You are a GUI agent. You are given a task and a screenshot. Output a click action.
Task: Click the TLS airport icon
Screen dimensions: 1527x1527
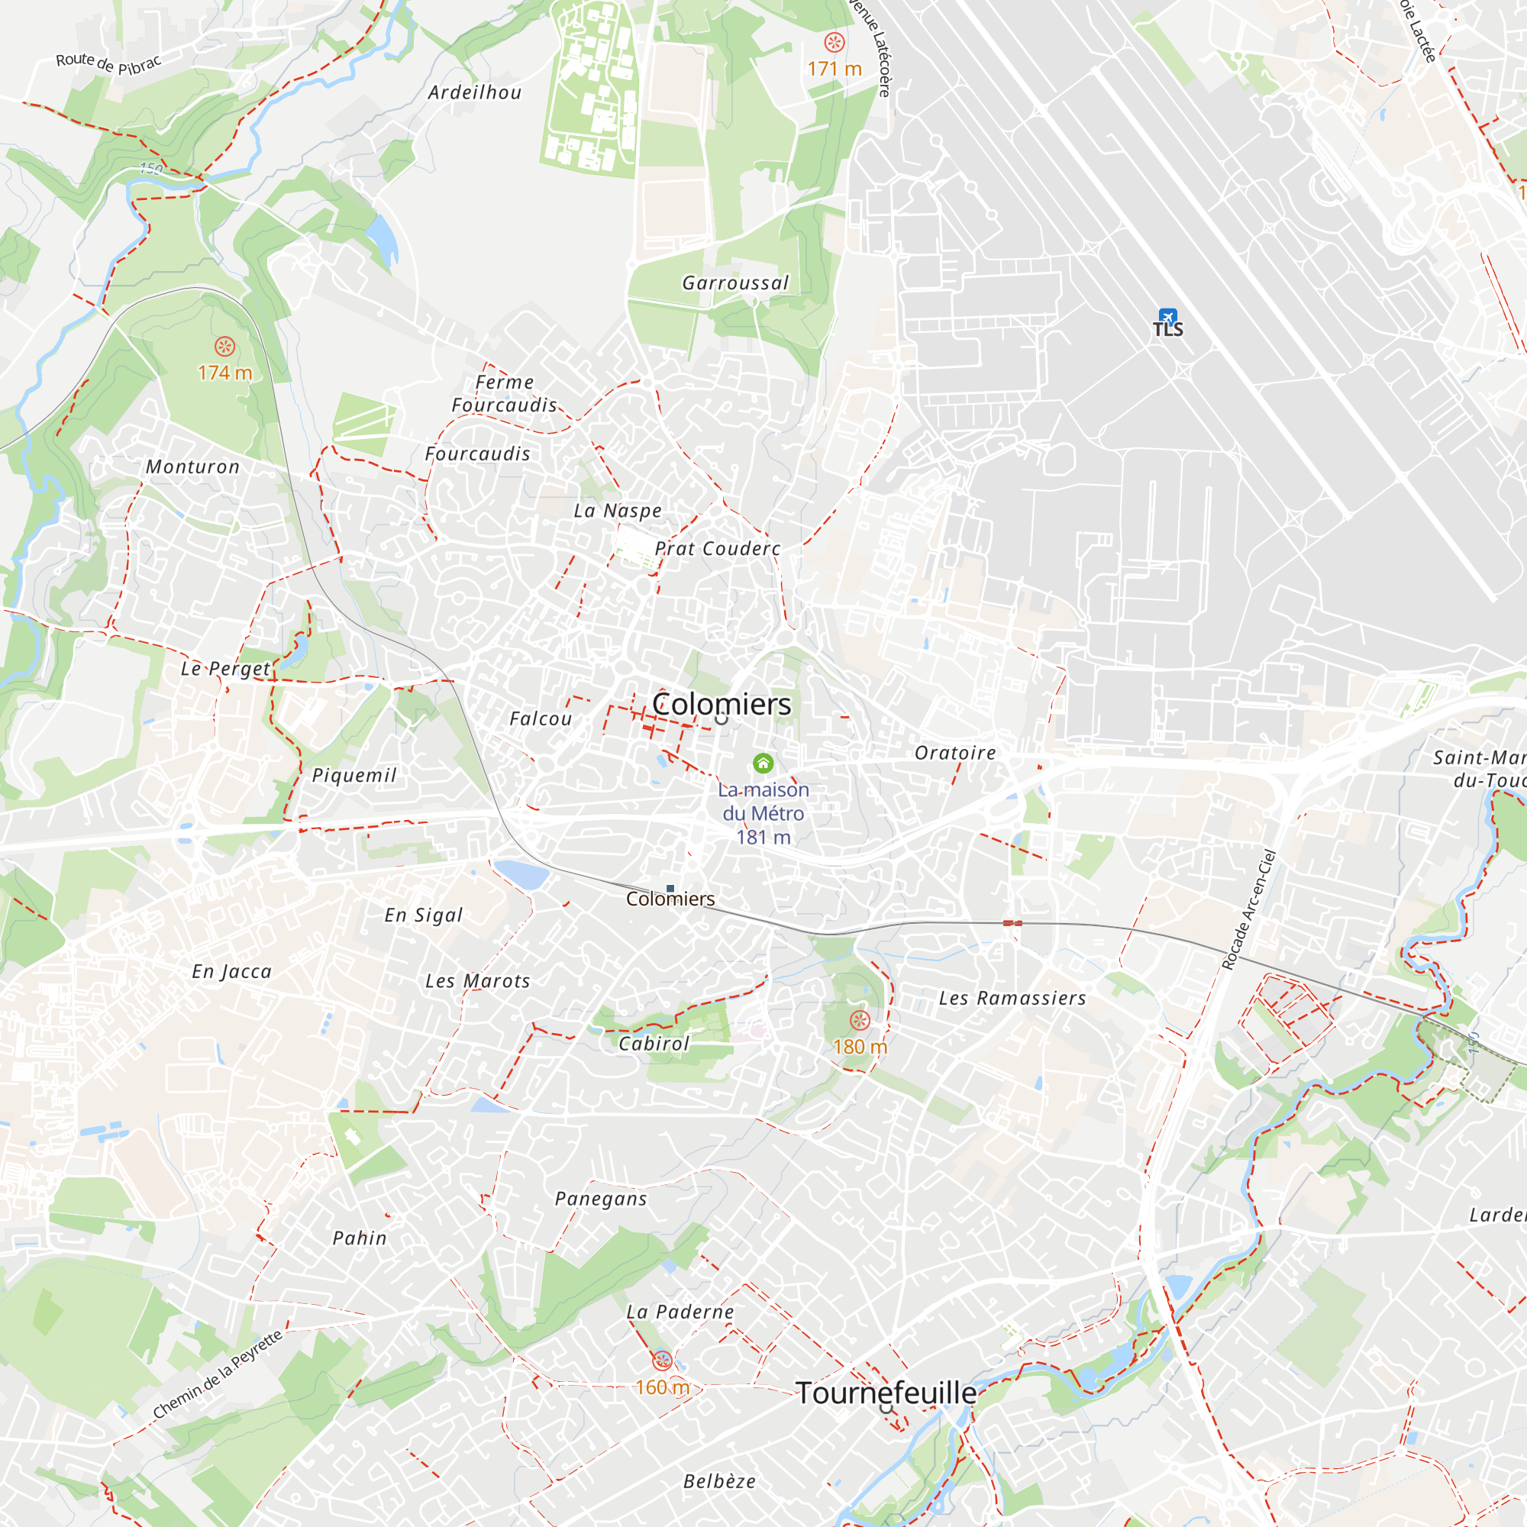pos(1167,317)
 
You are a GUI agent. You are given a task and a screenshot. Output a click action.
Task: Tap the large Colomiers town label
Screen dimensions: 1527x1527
pos(721,704)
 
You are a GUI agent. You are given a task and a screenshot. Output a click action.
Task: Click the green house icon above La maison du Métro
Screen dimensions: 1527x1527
pos(763,763)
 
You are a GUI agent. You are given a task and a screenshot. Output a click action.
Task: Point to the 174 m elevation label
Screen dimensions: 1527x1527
pos(224,373)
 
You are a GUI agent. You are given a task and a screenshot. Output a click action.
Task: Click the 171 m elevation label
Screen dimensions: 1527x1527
pos(834,69)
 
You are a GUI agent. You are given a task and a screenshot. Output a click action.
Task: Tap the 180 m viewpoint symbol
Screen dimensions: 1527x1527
pos(860,1020)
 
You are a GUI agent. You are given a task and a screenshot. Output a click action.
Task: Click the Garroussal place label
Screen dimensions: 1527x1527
pos(735,283)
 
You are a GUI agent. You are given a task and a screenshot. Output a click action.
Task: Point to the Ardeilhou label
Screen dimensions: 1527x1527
pos(475,92)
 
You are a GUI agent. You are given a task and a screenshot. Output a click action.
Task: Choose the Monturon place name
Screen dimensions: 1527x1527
pos(192,467)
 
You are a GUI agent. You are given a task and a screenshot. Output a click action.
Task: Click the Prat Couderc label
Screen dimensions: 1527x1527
pos(718,548)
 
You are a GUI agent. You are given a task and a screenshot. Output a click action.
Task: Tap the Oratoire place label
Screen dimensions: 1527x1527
pos(955,754)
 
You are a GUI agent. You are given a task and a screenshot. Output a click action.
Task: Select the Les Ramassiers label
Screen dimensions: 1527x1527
pos(1012,998)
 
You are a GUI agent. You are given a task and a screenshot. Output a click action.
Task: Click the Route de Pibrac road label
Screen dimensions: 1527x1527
pos(108,63)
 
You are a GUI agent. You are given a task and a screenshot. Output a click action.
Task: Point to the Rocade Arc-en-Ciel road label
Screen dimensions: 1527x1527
pos(1249,909)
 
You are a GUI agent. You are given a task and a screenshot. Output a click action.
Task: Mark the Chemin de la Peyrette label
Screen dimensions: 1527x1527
pos(218,1374)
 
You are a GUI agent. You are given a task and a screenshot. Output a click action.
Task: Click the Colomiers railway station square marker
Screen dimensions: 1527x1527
pos(670,889)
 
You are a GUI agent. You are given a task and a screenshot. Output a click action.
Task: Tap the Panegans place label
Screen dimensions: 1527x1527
pos(601,1199)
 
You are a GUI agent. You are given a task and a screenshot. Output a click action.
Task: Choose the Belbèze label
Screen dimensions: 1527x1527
pos(719,1481)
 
